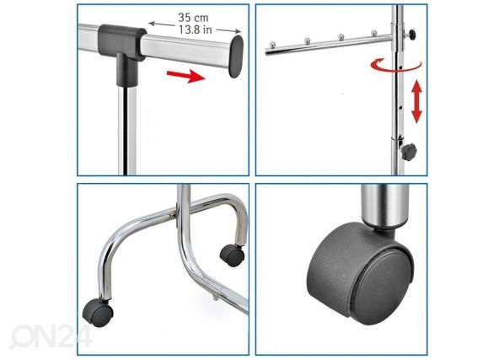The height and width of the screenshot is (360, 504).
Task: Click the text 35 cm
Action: (193, 18)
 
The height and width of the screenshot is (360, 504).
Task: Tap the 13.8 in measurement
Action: (196, 30)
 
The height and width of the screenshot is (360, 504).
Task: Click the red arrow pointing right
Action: (185, 76)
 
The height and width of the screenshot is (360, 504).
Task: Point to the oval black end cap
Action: (236, 56)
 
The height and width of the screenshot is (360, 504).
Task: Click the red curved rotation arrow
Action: (395, 65)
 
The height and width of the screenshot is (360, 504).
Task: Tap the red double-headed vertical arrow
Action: (417, 101)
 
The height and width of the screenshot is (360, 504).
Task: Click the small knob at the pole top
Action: (411, 33)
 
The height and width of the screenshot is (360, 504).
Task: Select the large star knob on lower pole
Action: (409, 152)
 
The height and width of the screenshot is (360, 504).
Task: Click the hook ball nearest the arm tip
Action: (272, 45)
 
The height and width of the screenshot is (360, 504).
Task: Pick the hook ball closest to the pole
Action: (374, 33)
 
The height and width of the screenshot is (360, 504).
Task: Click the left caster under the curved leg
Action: (98, 313)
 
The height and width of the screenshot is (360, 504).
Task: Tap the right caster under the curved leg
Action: (232, 255)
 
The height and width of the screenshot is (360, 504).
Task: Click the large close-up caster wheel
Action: (361, 273)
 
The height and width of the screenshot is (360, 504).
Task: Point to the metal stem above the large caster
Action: (385, 206)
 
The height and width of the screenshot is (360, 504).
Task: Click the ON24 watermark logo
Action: (51, 336)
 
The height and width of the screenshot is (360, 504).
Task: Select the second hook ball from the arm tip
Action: (308, 40)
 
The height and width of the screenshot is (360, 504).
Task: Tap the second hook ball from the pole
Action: (341, 36)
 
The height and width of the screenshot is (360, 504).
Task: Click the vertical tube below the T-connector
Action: (127, 131)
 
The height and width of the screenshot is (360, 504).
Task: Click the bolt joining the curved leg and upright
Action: (176, 212)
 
